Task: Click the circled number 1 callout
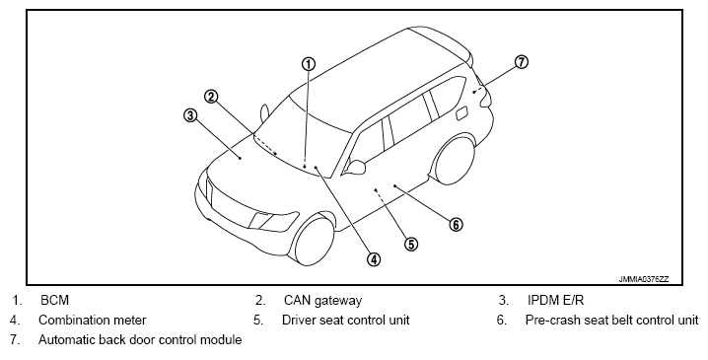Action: coord(309,64)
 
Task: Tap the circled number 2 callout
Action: coord(211,97)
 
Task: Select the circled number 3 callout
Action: coord(190,115)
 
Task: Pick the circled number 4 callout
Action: coord(374,259)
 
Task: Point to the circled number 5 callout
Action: coord(411,245)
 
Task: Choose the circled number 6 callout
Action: coord(456,224)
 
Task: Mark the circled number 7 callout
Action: coord(521,62)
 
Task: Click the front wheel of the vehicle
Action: coord(314,240)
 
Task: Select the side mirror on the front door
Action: coord(355,167)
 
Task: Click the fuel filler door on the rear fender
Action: coord(461,113)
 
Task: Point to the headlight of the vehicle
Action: coord(273,220)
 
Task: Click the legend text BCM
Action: coord(54,300)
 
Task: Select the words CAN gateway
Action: coord(322,301)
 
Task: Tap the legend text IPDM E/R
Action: coord(555,300)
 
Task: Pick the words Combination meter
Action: coord(93,320)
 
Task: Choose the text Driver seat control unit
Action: coord(346,320)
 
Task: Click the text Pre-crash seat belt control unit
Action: coord(611,320)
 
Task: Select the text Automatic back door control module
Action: coord(140,339)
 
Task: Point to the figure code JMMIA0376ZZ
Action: coord(644,279)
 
